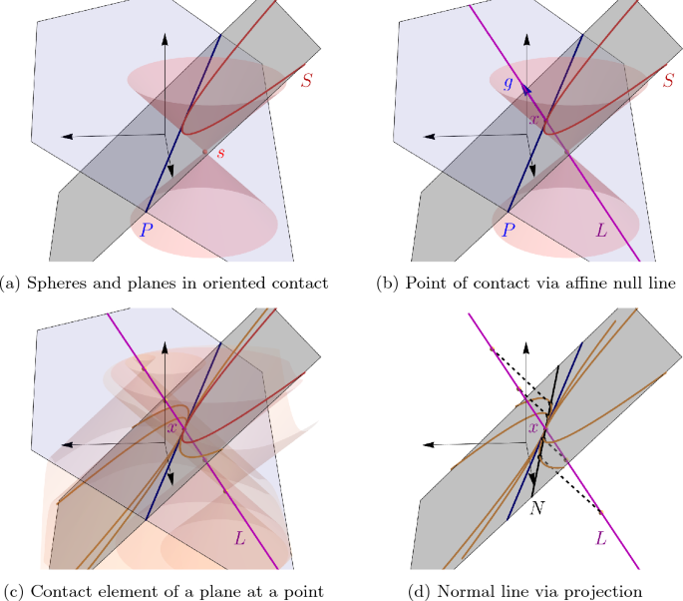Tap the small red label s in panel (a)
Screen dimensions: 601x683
point(221,153)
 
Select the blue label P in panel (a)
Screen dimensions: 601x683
point(147,228)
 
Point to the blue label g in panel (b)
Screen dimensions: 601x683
point(509,84)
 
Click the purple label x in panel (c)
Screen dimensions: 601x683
point(172,428)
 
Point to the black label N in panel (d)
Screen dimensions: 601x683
point(537,508)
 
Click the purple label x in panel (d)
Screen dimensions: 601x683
point(533,428)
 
